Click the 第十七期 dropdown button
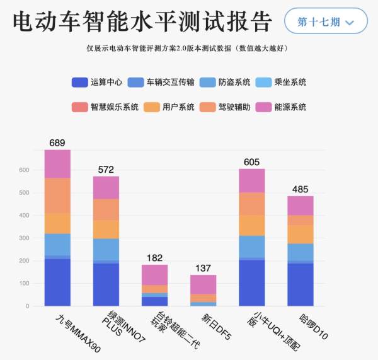[x=326, y=21]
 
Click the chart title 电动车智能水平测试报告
[x=142, y=22]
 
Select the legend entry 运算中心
[x=97, y=82]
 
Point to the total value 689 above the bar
[x=57, y=143]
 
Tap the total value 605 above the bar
[x=251, y=162]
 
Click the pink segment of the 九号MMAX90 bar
[x=57, y=164]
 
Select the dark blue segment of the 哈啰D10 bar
[x=300, y=284]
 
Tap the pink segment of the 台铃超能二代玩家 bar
[x=154, y=274]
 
